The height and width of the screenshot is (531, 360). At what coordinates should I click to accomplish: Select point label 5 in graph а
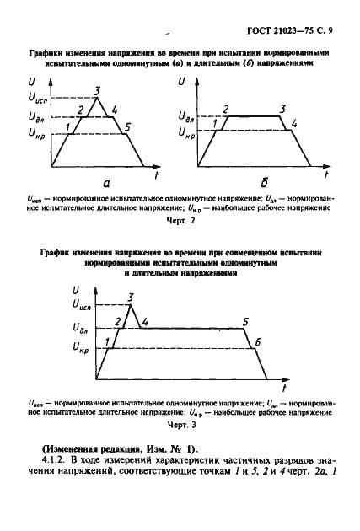coord(126,127)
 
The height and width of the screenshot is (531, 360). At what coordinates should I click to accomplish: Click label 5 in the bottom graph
coord(245,321)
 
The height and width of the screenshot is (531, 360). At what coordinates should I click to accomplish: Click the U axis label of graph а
coord(31,81)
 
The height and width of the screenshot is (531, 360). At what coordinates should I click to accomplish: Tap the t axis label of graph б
coord(324,174)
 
